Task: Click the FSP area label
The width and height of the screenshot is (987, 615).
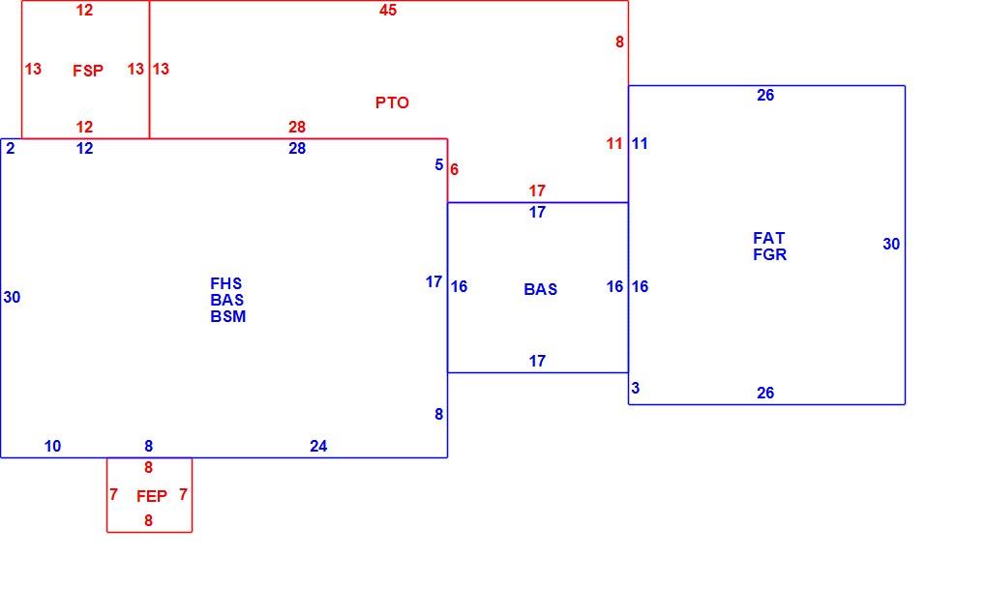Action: pyautogui.click(x=88, y=71)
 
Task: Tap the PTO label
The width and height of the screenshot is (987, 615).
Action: pyautogui.click(x=392, y=102)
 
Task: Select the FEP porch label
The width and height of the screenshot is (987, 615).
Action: pyautogui.click(x=152, y=496)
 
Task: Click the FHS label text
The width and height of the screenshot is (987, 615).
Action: pyautogui.click(x=226, y=283)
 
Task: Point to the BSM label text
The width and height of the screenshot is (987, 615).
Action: pyautogui.click(x=227, y=316)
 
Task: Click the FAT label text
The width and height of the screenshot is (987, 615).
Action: pyautogui.click(x=768, y=238)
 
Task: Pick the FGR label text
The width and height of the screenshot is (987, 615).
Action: pyautogui.click(x=770, y=254)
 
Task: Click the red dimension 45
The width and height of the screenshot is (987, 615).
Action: pyautogui.click(x=388, y=10)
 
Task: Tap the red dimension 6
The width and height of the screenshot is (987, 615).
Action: pyautogui.click(x=455, y=169)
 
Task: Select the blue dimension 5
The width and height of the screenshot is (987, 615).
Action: pyautogui.click(x=438, y=164)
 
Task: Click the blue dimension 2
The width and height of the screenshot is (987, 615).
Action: pyautogui.click(x=10, y=148)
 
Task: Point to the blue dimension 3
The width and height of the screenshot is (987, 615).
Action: pyautogui.click(x=636, y=388)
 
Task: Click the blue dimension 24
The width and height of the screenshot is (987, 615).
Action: pyautogui.click(x=318, y=446)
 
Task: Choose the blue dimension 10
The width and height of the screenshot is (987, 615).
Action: pyautogui.click(x=53, y=446)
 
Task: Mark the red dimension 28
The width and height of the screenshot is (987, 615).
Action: pyautogui.click(x=297, y=127)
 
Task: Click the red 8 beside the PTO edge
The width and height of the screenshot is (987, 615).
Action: pyautogui.click(x=619, y=43)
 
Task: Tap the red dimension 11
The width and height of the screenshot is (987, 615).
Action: pyautogui.click(x=614, y=143)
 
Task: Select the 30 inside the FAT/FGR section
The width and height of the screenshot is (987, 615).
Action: pyautogui.click(x=891, y=244)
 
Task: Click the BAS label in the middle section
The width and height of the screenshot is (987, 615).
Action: pyautogui.click(x=541, y=289)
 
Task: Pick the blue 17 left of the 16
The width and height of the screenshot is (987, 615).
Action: pyautogui.click(x=434, y=281)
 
